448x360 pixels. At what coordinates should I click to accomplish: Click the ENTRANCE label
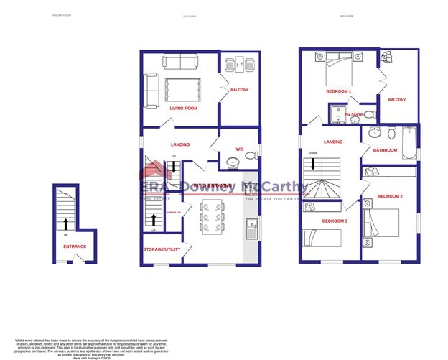pos(74,246)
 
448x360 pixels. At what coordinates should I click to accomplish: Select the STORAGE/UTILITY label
pos(161,249)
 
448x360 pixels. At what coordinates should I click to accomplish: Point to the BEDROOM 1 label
pos(339,91)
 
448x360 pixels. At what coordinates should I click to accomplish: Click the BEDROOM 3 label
pos(335,221)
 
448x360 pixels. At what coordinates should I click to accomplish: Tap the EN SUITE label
pos(353,114)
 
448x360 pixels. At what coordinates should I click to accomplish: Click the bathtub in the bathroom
pos(409,143)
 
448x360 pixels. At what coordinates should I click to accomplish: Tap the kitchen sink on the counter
pos(251,229)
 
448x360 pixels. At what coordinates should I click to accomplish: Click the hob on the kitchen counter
pos(251,190)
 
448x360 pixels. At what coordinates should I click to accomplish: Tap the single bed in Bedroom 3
pos(320,236)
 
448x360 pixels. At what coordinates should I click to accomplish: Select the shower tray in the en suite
pos(336,114)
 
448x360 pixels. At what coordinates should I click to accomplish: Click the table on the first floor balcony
pos(238,64)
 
